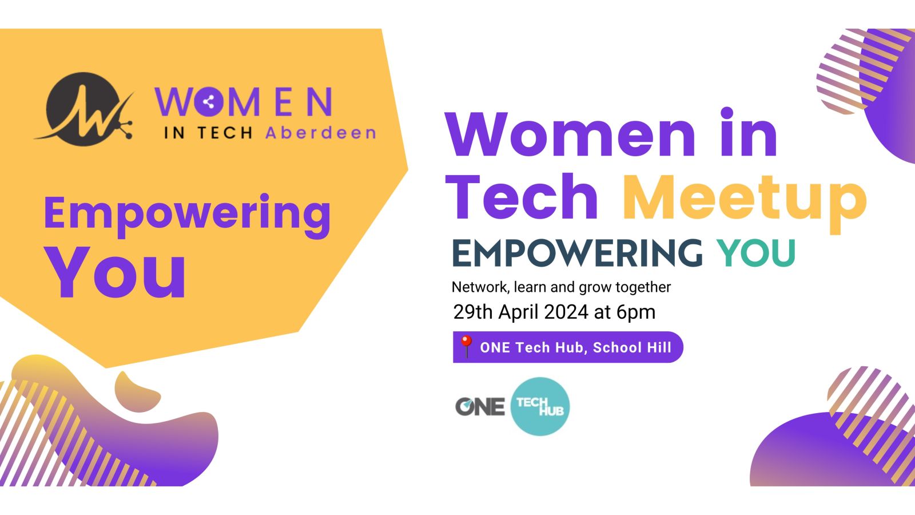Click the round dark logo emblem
pyautogui.click(x=83, y=109)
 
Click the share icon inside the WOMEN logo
pyautogui.click(x=209, y=102)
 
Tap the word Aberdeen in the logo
pyautogui.click(x=321, y=133)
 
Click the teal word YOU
pyautogui.click(x=756, y=253)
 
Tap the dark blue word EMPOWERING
pyautogui.click(x=578, y=253)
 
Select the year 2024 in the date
pyautogui.click(x=566, y=312)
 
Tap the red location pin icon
pyautogui.click(x=466, y=347)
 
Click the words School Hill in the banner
pyautogui.click(x=632, y=347)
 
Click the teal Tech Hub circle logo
pyautogui.click(x=540, y=406)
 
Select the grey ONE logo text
pyautogui.click(x=480, y=407)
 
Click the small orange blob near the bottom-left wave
pyautogui.click(x=137, y=391)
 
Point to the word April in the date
pyautogui.click(x=519, y=312)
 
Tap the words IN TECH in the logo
pyautogui.click(x=208, y=133)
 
